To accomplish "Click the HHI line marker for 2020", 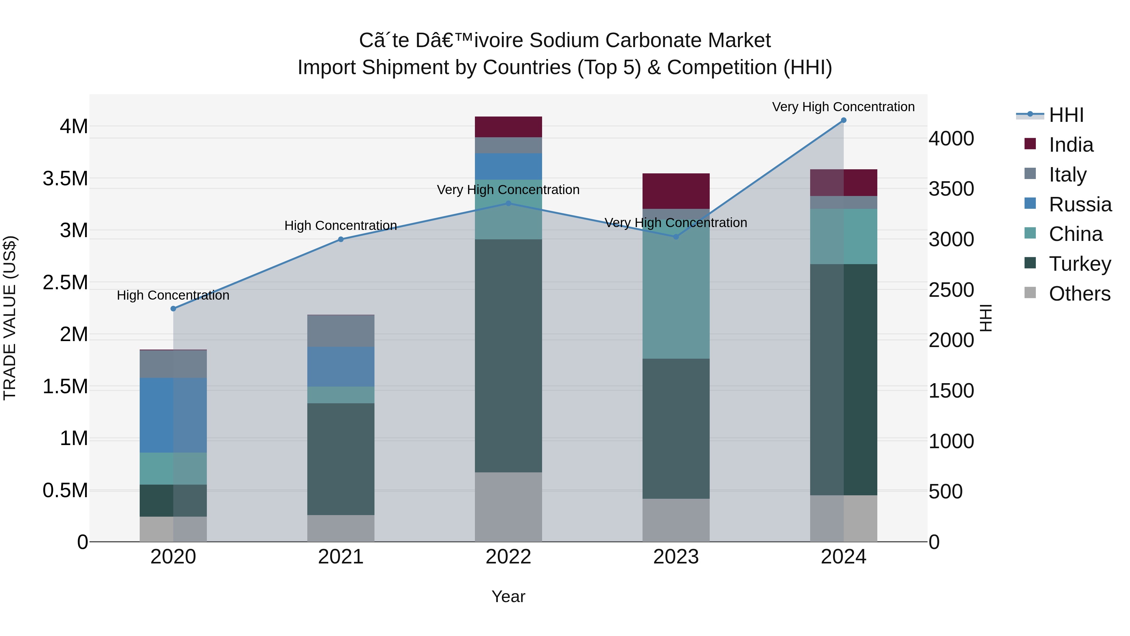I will [173, 308].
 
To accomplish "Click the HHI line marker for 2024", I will [843, 120].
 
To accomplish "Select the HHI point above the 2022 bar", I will [508, 203].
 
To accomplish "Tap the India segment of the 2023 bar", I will [676, 191].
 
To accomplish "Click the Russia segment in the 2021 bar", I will [341, 367].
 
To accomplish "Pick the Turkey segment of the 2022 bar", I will [508, 356].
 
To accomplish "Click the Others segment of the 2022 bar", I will [508, 507].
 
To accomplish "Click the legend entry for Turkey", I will [1079, 264].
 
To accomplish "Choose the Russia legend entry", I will [1079, 204].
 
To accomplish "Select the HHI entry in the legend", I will [1066, 115].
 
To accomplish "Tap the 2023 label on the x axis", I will [676, 557].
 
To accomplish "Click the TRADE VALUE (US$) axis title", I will [10, 318].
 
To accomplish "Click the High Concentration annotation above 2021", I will [341, 226].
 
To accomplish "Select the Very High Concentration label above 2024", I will [843, 107].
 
